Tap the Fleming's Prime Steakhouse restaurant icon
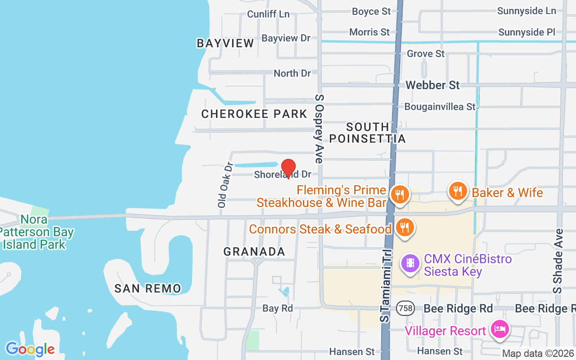click(x=399, y=195)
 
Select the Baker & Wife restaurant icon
click(x=458, y=191)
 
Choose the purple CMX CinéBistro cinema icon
click(x=410, y=262)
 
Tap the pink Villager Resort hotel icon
click(x=499, y=329)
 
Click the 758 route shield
click(x=405, y=308)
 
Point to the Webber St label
click(x=432, y=85)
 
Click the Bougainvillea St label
click(x=440, y=107)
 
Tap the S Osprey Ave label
click(x=319, y=129)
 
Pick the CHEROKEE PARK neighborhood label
click(x=254, y=114)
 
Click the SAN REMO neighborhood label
click(x=148, y=288)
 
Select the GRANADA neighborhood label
click(x=254, y=252)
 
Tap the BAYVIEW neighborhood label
click(x=225, y=43)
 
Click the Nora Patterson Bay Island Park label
click(x=36, y=232)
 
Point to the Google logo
click(x=30, y=349)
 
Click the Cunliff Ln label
click(x=268, y=14)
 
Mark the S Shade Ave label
click(x=558, y=261)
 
